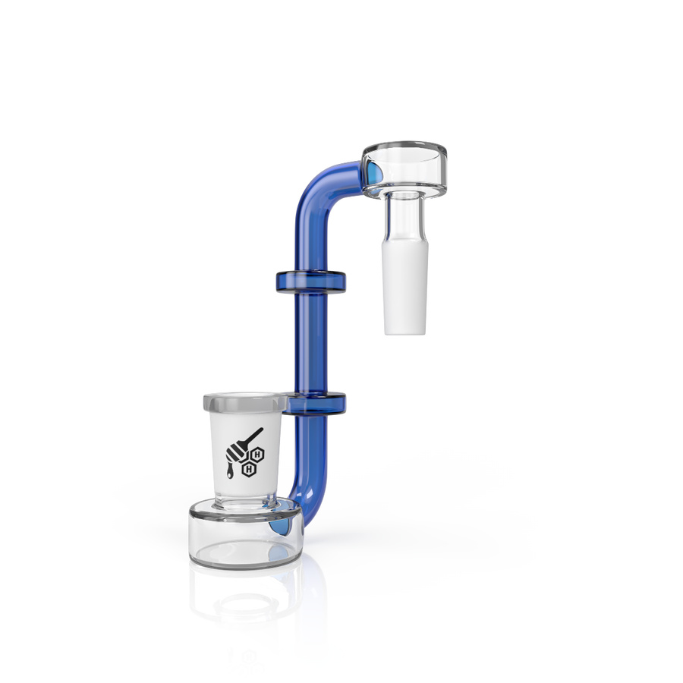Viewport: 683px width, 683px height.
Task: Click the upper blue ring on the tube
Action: pyautogui.click(x=310, y=281)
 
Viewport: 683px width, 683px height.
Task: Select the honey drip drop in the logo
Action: pyautogui.click(x=229, y=471)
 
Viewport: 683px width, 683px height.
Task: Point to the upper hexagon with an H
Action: pyautogui.click(x=257, y=455)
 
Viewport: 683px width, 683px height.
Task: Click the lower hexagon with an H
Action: pyautogui.click(x=249, y=469)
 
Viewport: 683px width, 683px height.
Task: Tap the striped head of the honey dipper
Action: pyautogui.click(x=237, y=452)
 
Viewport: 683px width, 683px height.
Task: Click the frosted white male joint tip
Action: pyautogui.click(x=404, y=288)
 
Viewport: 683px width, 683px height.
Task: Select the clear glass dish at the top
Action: pyautogui.click(x=404, y=169)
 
